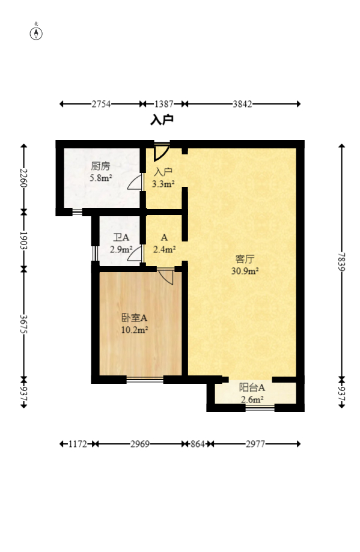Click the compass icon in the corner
click(37, 32)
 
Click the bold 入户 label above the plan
click(162, 120)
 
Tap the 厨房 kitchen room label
click(100, 166)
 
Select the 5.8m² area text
click(100, 178)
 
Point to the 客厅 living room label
click(245, 259)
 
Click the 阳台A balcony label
click(252, 388)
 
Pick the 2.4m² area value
click(164, 249)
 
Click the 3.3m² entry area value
click(163, 184)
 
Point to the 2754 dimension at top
click(101, 104)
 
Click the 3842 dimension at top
click(242, 104)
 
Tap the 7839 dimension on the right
click(342, 261)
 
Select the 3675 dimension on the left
click(23, 324)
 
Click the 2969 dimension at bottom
click(139, 444)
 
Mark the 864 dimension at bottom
click(197, 444)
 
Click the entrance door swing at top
click(160, 152)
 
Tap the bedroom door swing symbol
click(166, 277)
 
